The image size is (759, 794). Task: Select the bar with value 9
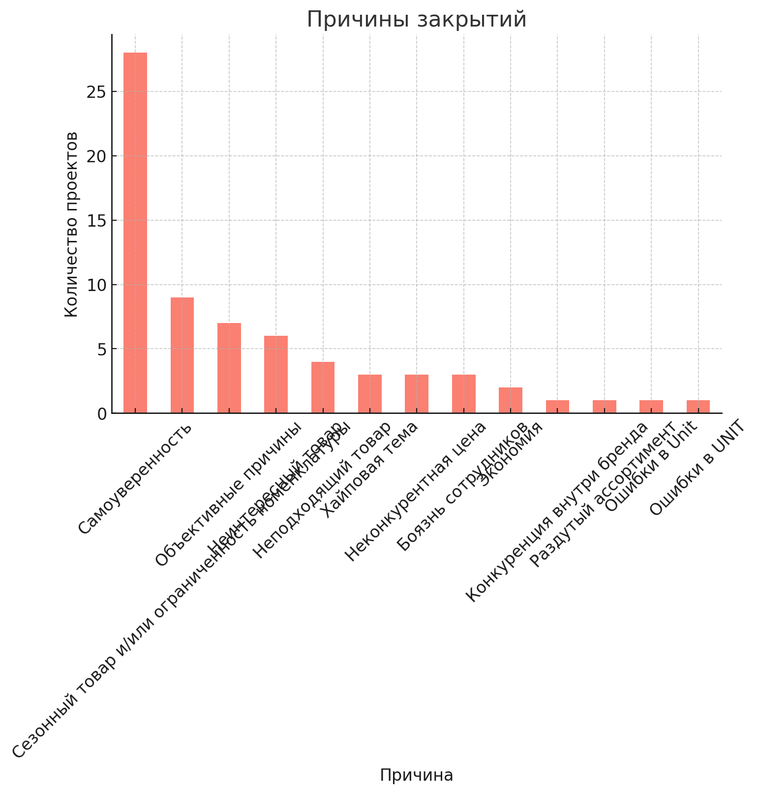[182, 355]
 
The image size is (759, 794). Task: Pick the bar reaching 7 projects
[229, 368]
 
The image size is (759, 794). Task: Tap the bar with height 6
[276, 374]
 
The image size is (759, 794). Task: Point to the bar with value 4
[323, 387]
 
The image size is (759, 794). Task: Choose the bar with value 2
[511, 400]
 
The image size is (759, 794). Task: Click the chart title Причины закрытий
[417, 20]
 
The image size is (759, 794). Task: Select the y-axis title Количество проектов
[72, 224]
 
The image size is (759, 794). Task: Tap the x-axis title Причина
[417, 775]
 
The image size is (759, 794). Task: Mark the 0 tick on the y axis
[101, 413]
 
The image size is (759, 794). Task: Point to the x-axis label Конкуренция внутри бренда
[557, 512]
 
